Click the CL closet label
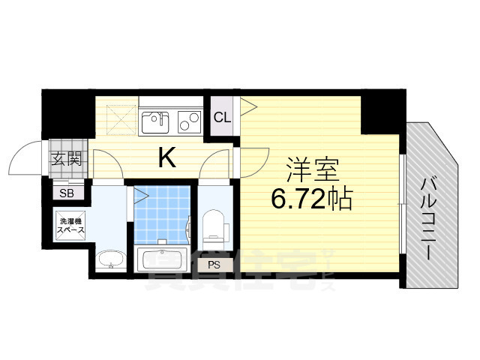pos(222,117)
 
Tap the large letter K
pos(166,157)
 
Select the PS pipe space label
pos(214,264)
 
